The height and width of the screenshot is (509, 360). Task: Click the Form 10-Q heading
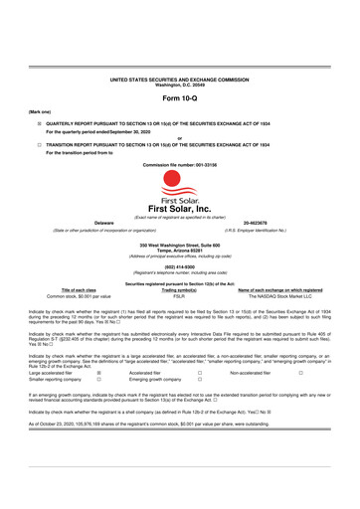(179, 99)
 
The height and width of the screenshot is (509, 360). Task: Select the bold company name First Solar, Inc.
(179, 198)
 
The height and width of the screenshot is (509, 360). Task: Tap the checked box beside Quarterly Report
(39, 125)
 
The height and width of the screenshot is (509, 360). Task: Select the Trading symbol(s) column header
(179, 289)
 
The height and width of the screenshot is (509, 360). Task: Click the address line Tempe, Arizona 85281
(179, 249)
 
